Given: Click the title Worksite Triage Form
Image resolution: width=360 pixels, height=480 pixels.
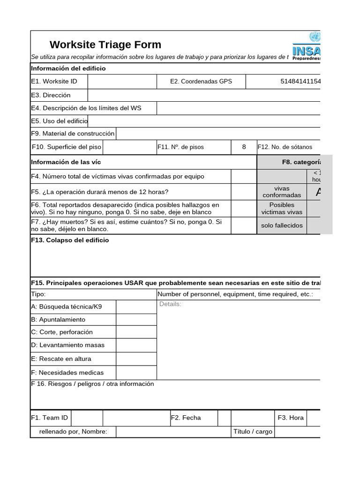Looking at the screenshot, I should [105, 45].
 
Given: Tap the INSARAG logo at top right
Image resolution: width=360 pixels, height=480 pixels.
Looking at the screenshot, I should [307, 47].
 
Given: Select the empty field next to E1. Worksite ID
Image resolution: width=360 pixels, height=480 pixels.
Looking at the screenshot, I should [122, 81].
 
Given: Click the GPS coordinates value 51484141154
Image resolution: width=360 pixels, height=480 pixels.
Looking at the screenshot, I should [300, 81].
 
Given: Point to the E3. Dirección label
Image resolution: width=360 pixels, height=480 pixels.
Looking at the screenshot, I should [51, 95].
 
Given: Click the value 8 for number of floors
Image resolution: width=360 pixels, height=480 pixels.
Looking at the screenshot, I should [244, 147].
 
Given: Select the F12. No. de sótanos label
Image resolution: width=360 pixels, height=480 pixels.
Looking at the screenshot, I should [285, 147].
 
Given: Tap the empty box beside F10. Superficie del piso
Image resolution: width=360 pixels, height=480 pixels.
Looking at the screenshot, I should [129, 147].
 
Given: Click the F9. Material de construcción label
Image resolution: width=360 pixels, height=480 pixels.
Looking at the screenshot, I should [73, 134].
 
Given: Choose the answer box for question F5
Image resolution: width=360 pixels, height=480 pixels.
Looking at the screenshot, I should [244, 191].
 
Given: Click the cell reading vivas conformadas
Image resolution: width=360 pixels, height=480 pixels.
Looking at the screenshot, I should [282, 192].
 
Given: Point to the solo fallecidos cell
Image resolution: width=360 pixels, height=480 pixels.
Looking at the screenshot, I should [282, 225].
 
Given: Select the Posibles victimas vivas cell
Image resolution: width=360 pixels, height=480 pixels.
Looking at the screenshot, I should [282, 209].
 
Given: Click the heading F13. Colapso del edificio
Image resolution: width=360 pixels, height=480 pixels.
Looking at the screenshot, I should [70, 240].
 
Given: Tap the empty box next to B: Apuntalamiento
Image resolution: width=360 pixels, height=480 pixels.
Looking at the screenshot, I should [136, 320].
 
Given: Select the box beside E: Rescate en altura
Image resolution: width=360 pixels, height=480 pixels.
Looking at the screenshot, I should [136, 359].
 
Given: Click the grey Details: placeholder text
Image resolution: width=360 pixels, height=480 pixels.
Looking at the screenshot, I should [170, 304].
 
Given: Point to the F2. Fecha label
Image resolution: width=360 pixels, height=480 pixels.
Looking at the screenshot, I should [186, 418].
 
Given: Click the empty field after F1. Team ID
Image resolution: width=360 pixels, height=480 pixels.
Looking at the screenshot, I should [87, 418].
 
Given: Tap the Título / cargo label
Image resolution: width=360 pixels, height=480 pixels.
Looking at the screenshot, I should [253, 432].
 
